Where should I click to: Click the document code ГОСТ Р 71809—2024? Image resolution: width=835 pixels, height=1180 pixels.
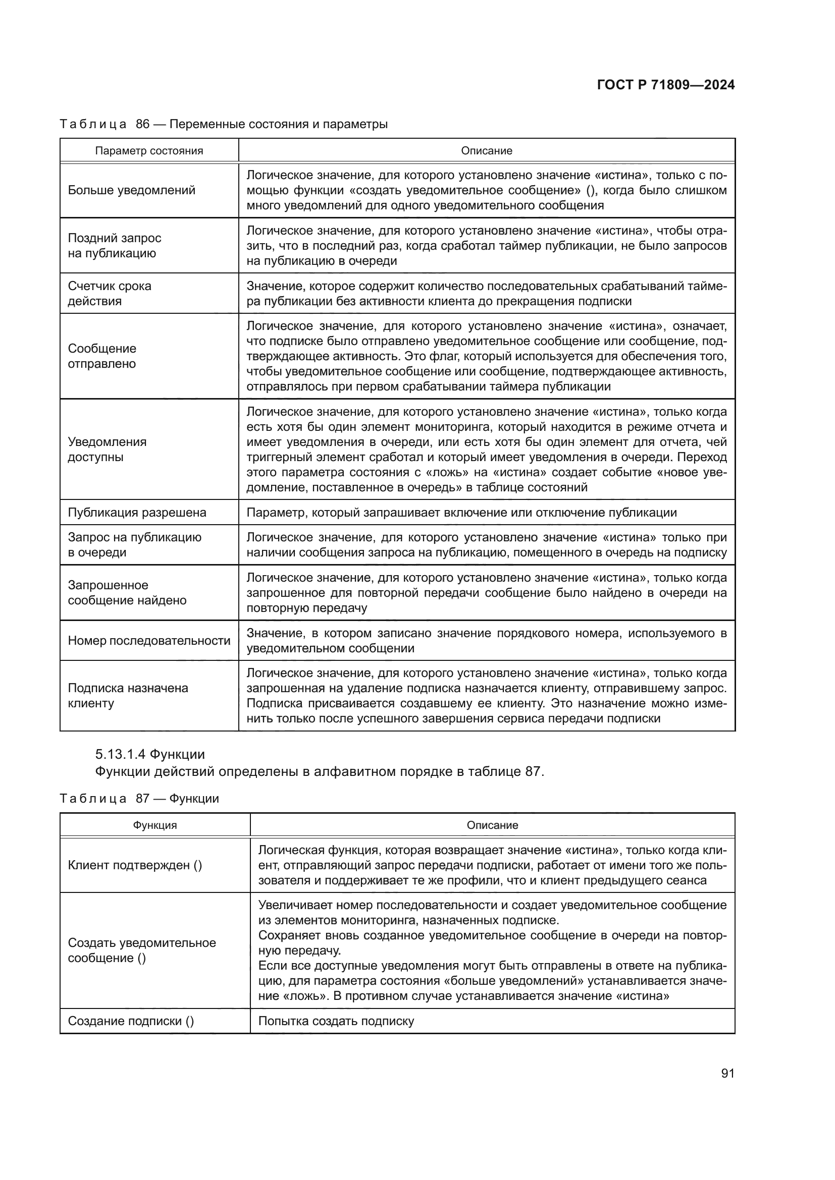[x=665, y=85]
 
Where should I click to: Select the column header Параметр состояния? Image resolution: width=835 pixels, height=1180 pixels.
[x=149, y=150]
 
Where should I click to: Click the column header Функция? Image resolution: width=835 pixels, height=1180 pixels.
[x=155, y=825]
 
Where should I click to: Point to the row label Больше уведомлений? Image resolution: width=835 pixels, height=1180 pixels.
[x=132, y=190]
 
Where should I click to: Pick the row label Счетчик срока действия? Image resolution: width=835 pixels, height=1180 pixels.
[x=110, y=294]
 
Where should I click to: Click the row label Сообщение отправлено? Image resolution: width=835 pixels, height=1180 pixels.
[x=102, y=356]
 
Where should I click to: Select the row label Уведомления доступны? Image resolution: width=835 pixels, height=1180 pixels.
[x=107, y=449]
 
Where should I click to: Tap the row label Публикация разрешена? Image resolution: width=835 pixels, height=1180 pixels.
[x=137, y=513]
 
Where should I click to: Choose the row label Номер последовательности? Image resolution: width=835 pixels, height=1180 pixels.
[x=149, y=640]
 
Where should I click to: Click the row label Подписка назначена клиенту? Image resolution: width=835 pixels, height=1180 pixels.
[x=128, y=695]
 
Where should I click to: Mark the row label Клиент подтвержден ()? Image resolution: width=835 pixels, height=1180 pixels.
[x=135, y=866]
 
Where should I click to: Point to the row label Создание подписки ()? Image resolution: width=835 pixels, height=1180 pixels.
[x=131, y=1021]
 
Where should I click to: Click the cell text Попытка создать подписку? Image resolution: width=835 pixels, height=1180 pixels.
[x=336, y=1021]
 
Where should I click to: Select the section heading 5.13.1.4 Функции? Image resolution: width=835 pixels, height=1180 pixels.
[x=149, y=754]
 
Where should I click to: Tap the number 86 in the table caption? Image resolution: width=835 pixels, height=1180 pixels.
[x=142, y=124]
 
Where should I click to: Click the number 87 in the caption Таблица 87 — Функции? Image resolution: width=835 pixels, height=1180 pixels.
[x=142, y=798]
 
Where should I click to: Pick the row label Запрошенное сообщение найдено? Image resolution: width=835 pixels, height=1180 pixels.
[x=127, y=593]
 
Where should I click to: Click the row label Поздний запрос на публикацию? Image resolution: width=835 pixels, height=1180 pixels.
[x=114, y=246]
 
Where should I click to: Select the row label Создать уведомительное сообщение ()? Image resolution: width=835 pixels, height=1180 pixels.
[x=141, y=950]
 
